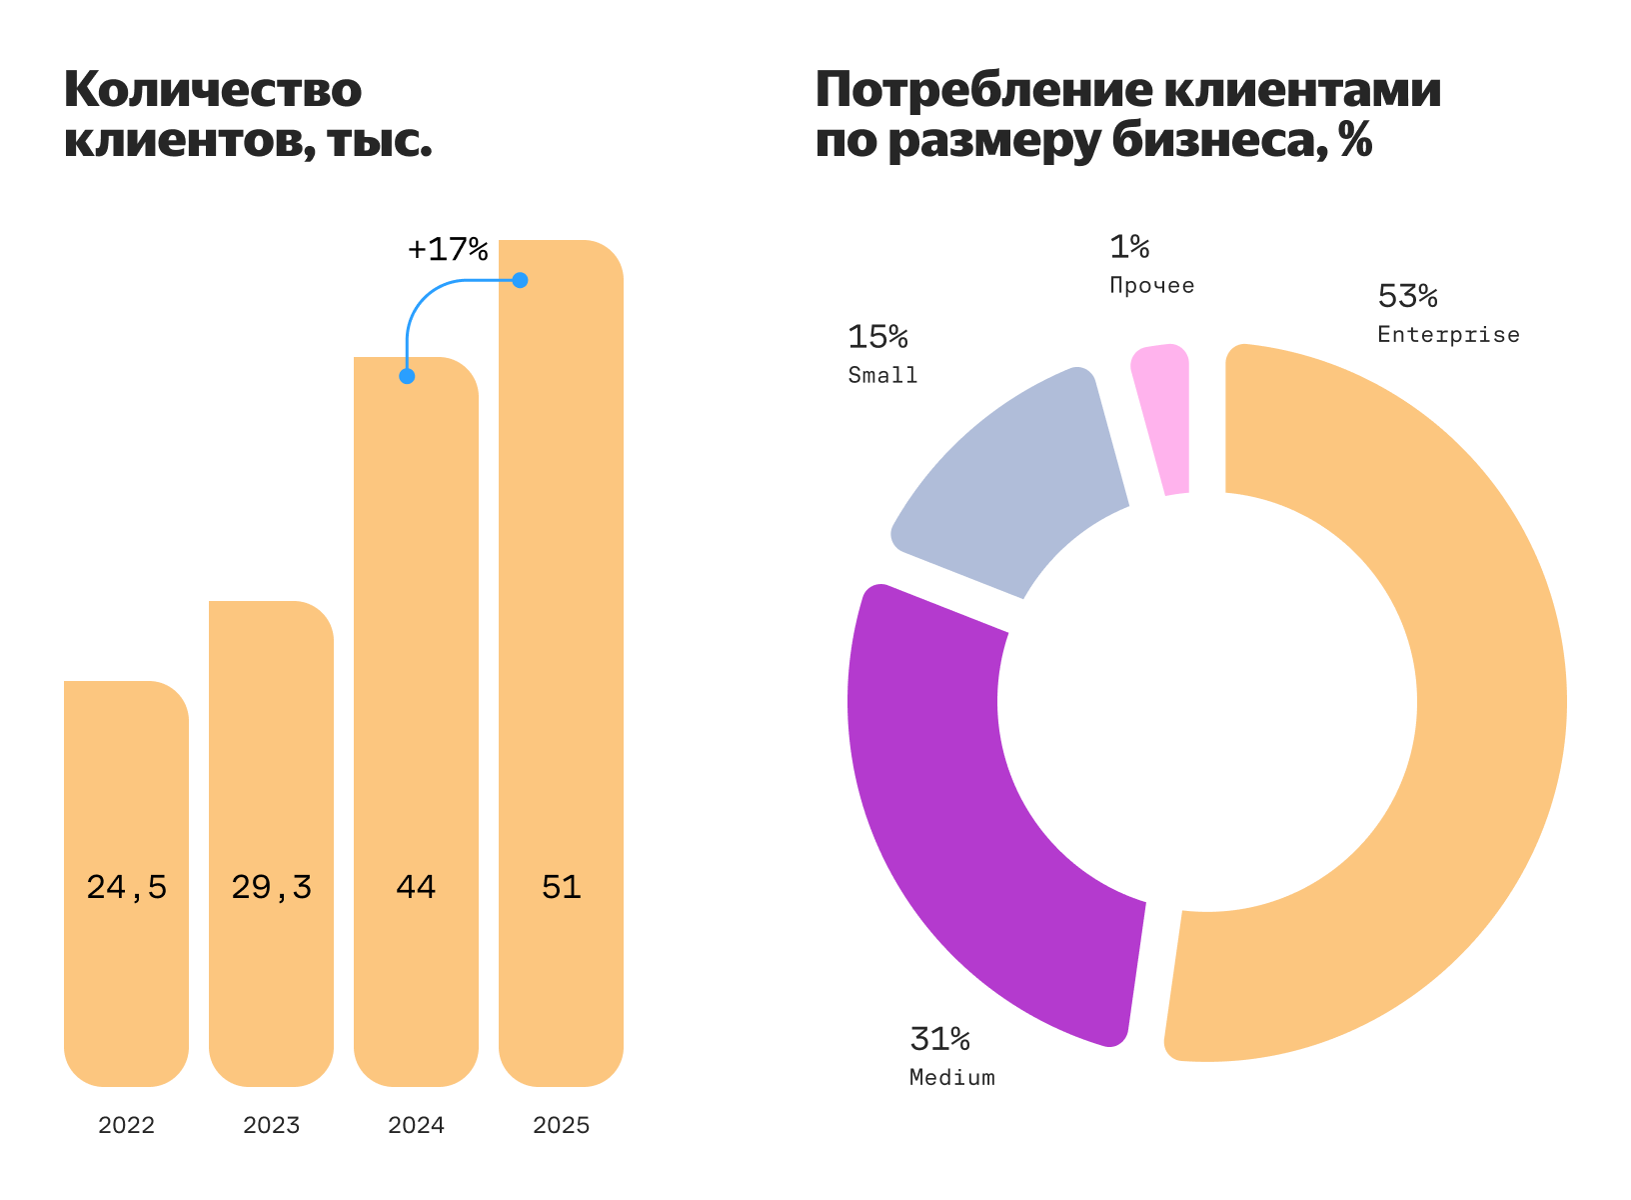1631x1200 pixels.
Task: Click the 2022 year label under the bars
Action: click(126, 1126)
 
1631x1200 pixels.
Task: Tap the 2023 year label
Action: click(271, 1126)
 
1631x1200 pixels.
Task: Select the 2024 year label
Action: click(416, 1126)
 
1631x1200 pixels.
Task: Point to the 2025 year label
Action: click(561, 1126)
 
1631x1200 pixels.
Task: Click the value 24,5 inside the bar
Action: click(126, 888)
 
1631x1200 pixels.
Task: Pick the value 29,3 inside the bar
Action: click(271, 888)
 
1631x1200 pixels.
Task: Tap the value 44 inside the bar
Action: click(416, 888)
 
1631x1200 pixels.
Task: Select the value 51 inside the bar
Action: click(561, 888)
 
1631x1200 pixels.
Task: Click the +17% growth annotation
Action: click(448, 249)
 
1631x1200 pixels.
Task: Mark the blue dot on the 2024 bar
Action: click(407, 376)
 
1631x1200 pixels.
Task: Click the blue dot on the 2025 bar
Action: click(520, 280)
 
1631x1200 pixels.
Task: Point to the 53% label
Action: click(1407, 297)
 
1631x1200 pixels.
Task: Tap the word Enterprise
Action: click(1448, 335)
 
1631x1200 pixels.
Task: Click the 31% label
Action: click(939, 1040)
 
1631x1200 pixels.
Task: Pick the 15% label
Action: click(877, 338)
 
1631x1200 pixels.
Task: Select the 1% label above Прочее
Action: click(1129, 247)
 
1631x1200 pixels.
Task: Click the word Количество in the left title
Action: click(213, 90)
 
